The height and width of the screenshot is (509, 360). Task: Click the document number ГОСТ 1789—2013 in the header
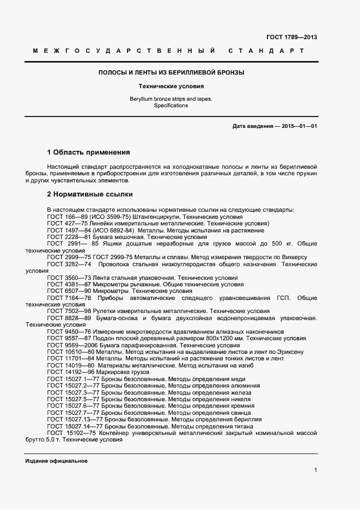pos(291,37)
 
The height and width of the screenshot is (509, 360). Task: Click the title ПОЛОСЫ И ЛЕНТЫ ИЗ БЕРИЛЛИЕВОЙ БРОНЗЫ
pos(170,72)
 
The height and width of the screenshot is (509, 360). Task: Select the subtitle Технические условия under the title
pos(170,86)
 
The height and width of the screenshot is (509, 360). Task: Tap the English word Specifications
pos(170,106)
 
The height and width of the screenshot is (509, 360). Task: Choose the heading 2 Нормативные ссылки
pos(90,194)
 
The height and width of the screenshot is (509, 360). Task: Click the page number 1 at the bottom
pos(315,470)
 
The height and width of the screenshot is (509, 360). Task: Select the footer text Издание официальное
pos(56,461)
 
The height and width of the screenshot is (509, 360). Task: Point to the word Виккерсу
pos(294,257)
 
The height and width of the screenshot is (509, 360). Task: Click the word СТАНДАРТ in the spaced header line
pos(266,51)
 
